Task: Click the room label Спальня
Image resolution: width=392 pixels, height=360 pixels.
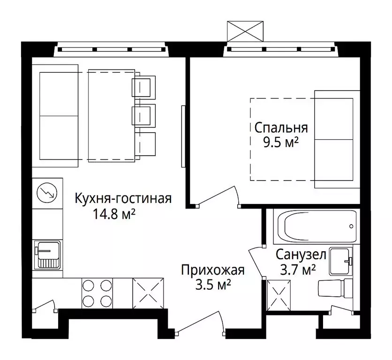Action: (x=281, y=127)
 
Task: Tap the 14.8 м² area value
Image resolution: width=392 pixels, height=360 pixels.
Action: (x=115, y=215)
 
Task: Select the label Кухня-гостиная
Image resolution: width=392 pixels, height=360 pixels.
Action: (x=123, y=199)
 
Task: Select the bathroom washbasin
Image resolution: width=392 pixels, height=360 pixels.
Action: (x=340, y=261)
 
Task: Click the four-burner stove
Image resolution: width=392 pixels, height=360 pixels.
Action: (x=97, y=293)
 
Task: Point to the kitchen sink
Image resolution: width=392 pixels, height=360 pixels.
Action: (x=47, y=255)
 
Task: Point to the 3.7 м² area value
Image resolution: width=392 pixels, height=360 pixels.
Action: (x=295, y=270)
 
